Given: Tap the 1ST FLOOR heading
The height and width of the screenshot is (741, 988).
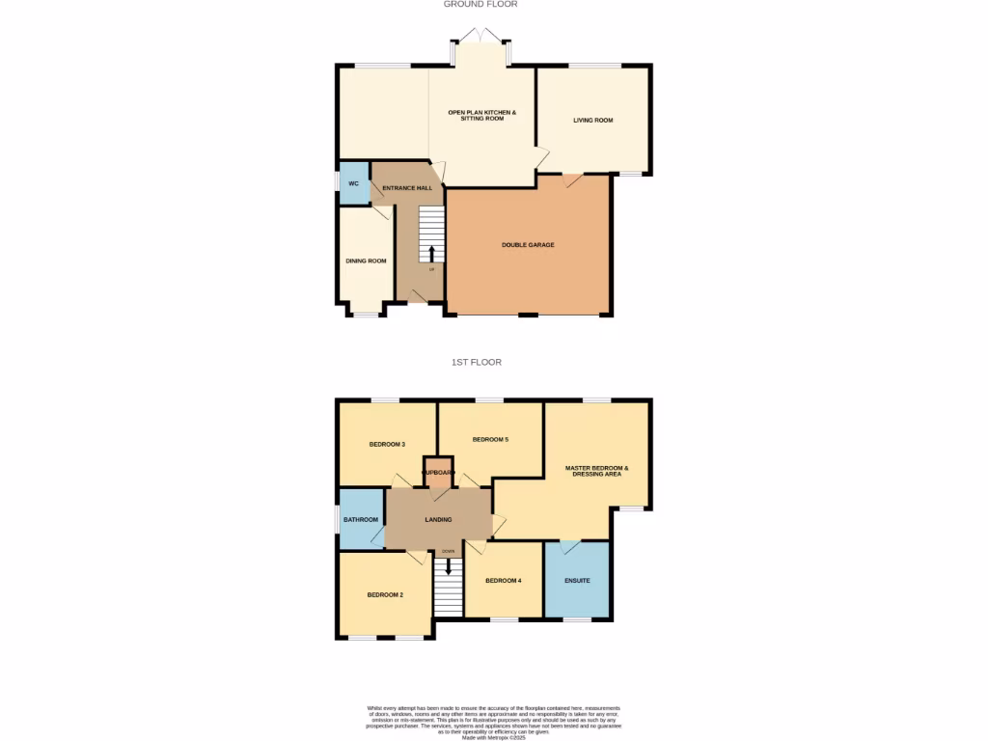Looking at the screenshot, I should pyautogui.click(x=477, y=363).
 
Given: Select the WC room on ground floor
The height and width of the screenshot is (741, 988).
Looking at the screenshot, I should pyautogui.click(x=353, y=183).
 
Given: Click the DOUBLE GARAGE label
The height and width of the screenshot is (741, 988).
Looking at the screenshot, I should pyautogui.click(x=528, y=245).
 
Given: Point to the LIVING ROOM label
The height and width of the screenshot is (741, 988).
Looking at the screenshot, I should pyautogui.click(x=593, y=121).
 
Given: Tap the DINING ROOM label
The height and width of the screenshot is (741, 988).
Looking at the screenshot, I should pyautogui.click(x=366, y=261).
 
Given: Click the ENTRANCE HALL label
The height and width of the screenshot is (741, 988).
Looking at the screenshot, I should pyautogui.click(x=407, y=188).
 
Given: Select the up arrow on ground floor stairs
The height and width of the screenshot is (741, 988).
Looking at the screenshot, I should pyautogui.click(x=431, y=254).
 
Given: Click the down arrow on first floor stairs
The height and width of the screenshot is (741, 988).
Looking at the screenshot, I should pyautogui.click(x=448, y=566).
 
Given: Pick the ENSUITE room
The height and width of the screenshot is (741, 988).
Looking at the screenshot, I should pyautogui.click(x=577, y=581).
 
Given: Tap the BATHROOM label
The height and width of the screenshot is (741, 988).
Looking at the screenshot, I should pyautogui.click(x=361, y=520).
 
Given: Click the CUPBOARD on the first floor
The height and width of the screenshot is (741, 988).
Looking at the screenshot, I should pyautogui.click(x=438, y=472).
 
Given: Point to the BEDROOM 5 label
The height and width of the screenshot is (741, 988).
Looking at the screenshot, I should pyautogui.click(x=490, y=440).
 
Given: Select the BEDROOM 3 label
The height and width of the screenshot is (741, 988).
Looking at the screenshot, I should pyautogui.click(x=387, y=445).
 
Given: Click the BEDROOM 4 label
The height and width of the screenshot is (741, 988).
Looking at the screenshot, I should pyautogui.click(x=503, y=581).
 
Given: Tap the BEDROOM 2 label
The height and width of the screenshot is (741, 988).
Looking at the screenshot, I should pyautogui.click(x=385, y=595).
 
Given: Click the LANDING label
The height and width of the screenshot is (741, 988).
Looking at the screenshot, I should pyautogui.click(x=438, y=520).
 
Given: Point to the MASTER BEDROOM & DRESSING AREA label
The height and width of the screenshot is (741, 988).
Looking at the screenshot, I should pyautogui.click(x=597, y=472).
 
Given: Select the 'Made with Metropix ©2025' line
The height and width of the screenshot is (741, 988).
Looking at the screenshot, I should pyautogui.click(x=494, y=738).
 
